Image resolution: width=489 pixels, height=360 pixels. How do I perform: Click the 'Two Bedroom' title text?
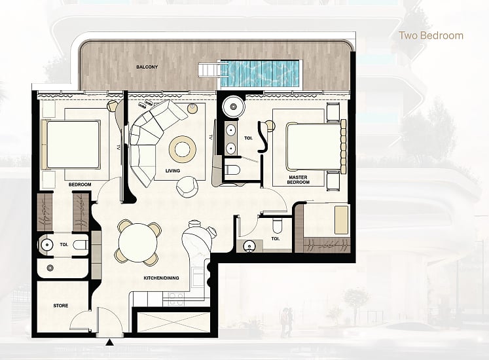[x=431, y=35]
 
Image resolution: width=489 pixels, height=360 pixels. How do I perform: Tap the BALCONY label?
[x=147, y=67]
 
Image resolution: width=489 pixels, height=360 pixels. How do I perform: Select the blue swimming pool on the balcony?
[x=259, y=73]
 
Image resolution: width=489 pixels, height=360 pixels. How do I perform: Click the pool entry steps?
[x=209, y=69]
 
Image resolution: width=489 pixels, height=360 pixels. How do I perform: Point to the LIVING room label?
[x=173, y=171]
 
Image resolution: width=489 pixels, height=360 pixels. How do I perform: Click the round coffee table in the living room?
[x=183, y=149]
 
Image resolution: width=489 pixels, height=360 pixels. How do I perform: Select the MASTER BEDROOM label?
[x=298, y=180]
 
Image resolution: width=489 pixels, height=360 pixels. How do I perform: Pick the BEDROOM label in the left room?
[x=80, y=185]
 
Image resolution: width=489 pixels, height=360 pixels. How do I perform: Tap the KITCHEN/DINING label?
[x=161, y=278]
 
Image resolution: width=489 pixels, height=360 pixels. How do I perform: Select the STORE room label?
[x=60, y=306]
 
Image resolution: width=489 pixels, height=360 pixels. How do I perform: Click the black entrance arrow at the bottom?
[x=109, y=342]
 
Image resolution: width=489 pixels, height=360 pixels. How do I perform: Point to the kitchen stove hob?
[x=175, y=299]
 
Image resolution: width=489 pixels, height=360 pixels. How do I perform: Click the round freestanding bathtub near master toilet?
[x=232, y=107]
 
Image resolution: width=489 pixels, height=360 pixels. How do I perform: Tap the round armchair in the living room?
[x=187, y=187]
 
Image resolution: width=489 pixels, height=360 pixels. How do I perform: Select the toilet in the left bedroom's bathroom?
[x=81, y=245]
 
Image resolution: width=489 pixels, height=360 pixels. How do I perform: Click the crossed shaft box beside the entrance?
[x=173, y=321]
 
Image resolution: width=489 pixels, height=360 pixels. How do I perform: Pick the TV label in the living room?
[x=211, y=137]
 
